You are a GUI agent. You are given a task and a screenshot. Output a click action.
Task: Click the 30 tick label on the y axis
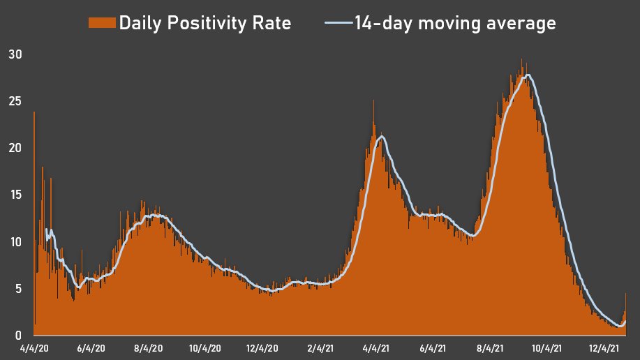click(14, 54)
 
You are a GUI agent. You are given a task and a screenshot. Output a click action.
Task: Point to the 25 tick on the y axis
click(14, 101)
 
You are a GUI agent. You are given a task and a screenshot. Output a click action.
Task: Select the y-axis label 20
click(14, 148)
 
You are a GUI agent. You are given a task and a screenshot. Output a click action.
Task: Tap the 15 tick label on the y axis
click(14, 195)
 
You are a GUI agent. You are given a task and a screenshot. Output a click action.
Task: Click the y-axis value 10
click(14, 242)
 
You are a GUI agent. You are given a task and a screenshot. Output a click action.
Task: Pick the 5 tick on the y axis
click(17, 289)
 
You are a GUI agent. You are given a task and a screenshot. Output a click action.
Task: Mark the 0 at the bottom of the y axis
click(17, 336)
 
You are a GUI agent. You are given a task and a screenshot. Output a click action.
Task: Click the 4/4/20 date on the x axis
click(34, 347)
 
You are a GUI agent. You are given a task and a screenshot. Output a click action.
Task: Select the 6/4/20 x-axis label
click(91, 347)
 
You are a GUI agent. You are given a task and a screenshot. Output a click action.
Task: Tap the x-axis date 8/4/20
click(148, 347)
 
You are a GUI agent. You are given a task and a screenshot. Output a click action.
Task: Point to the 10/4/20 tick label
click(204, 347)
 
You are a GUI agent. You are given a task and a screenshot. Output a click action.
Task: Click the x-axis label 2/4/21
click(319, 347)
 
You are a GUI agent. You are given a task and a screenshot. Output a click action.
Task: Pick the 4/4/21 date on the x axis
click(376, 347)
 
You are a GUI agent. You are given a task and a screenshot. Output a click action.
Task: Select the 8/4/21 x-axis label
click(490, 347)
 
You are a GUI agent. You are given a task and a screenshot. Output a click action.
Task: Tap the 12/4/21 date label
click(604, 347)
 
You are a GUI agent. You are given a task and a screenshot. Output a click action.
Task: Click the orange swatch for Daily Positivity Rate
click(102, 23)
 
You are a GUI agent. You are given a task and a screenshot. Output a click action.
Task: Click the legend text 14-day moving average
click(455, 23)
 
